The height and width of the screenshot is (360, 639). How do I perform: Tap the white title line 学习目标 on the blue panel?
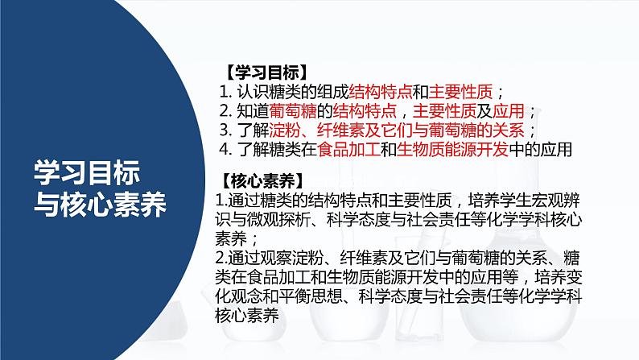88,172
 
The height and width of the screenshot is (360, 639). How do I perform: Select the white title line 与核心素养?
101,205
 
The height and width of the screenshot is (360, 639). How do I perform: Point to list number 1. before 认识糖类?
225,91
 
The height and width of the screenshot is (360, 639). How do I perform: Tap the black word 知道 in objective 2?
254,110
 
